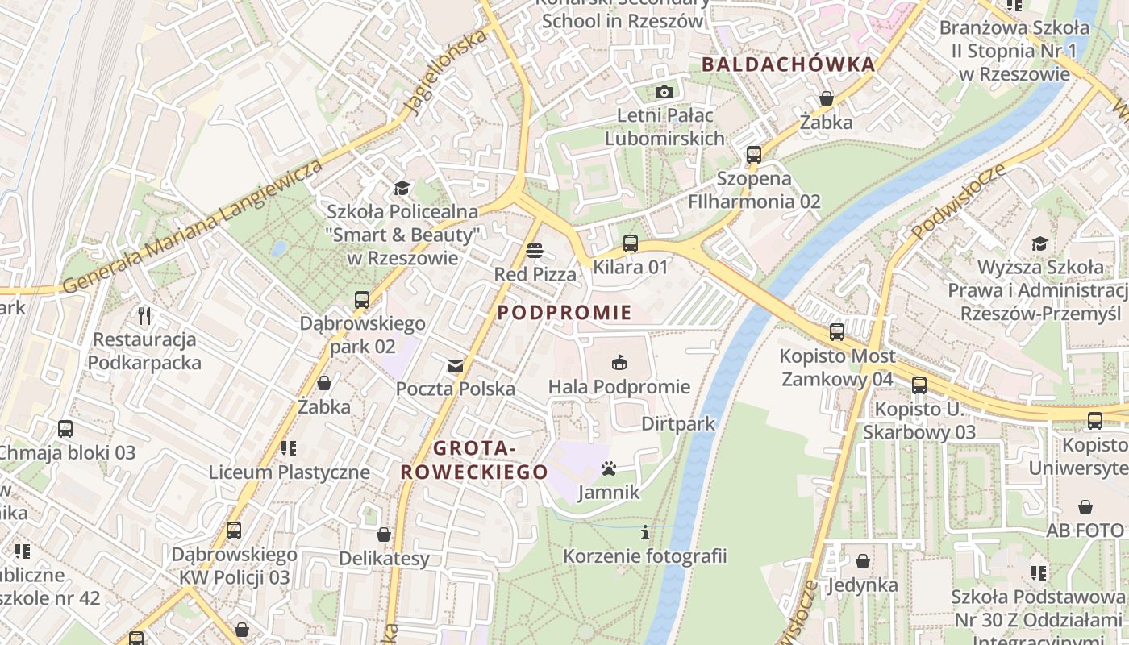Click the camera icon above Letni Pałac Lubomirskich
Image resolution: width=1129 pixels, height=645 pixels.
664,92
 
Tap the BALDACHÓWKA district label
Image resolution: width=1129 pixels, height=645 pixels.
788,64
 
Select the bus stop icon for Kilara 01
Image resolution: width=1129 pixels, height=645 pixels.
631,243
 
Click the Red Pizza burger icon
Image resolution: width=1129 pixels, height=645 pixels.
535,251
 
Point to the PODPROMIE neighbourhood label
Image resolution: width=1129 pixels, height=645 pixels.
564,313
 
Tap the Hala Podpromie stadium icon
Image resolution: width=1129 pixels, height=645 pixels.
619,363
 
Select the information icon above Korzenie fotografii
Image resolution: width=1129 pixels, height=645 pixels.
644,532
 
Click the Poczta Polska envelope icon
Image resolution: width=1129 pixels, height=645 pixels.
456,366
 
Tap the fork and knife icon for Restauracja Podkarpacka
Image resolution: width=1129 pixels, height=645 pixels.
144,315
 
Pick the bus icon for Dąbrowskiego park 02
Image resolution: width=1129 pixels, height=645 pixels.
362,300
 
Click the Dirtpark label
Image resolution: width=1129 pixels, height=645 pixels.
678,423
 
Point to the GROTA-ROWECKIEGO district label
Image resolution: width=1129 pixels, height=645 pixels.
474,460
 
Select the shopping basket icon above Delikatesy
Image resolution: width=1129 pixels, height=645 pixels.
384,535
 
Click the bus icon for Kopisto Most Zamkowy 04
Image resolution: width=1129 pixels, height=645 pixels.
837,331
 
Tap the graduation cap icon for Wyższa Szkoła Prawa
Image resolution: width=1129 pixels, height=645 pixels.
1039,243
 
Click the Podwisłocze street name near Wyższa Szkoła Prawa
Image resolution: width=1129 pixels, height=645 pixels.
960,202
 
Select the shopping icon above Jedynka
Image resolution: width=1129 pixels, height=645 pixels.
863,561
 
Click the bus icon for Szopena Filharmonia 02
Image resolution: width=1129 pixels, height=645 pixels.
754,154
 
